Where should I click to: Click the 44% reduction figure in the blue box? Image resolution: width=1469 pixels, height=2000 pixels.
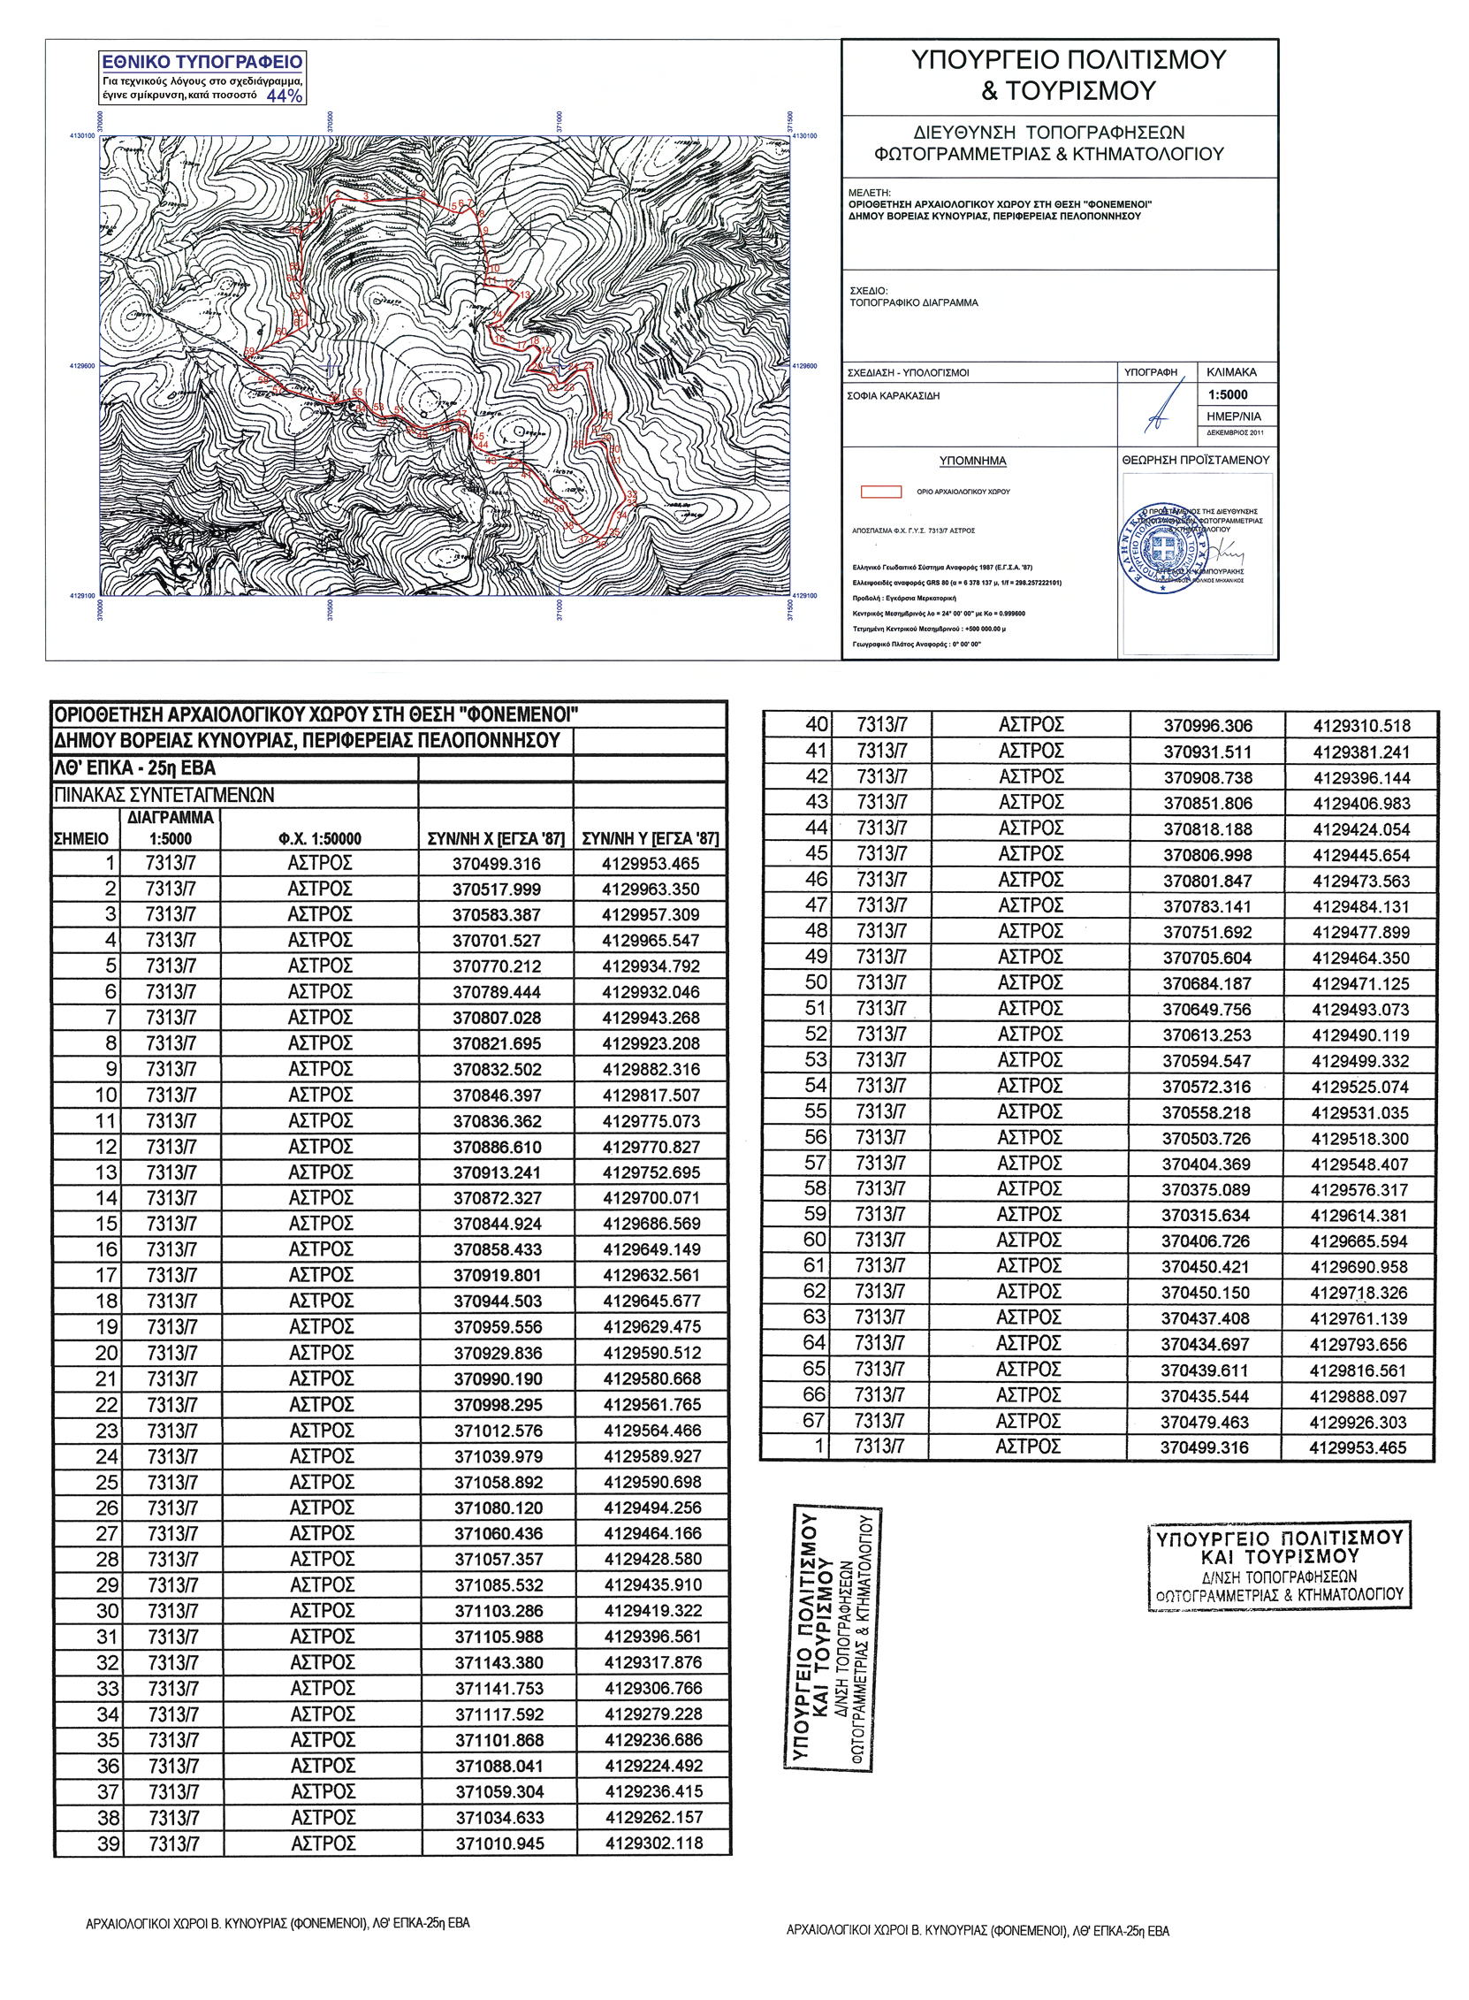tap(285, 95)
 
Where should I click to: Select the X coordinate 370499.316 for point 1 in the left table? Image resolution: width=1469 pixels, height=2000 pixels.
tap(496, 864)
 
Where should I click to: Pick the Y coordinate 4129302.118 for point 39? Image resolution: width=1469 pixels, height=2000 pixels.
tap(653, 1844)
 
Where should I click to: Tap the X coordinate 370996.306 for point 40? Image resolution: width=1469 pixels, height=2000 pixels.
tap(1207, 726)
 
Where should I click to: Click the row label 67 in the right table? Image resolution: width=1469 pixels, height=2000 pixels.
tap(814, 1421)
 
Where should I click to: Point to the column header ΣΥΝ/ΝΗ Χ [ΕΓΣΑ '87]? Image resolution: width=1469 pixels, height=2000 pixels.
tap(496, 838)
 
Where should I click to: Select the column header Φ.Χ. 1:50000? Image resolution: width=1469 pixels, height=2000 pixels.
tap(319, 838)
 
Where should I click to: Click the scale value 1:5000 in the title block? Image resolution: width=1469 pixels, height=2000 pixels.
tap(1227, 395)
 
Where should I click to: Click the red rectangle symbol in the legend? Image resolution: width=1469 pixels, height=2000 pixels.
tap(880, 492)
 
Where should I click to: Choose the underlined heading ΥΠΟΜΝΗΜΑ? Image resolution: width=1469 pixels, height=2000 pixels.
tap(973, 461)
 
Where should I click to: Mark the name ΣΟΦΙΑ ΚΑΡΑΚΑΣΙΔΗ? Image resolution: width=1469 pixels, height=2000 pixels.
tap(894, 396)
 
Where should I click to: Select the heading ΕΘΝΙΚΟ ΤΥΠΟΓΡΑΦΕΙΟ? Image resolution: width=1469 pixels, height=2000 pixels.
tap(202, 62)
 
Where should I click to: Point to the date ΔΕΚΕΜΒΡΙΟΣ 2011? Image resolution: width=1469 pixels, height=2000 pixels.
tap(1235, 433)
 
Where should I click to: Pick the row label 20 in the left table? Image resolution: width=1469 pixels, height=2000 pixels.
tap(107, 1354)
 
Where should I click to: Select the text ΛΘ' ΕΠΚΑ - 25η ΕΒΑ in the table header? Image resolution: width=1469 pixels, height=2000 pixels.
tap(135, 768)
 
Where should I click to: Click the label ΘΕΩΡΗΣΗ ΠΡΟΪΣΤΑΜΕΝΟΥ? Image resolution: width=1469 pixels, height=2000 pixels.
tap(1196, 460)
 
